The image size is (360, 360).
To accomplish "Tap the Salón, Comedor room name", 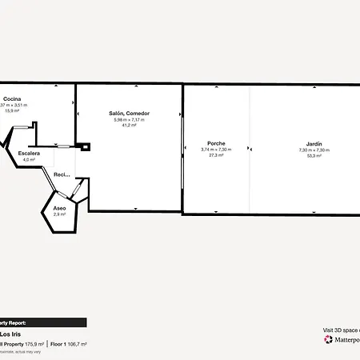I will (130, 114).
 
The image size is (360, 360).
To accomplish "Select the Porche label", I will (216, 144).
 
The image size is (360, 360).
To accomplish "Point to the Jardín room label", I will (314, 144).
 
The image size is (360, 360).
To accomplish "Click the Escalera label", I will (29, 153).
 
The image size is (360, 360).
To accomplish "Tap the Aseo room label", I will (59, 208).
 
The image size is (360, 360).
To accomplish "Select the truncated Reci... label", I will (62, 174).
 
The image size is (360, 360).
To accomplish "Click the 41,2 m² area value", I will (130, 126).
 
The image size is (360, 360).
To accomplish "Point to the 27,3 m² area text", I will (216, 156).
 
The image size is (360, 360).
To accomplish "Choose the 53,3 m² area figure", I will (314, 156).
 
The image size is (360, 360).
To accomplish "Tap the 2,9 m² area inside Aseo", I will (59, 214).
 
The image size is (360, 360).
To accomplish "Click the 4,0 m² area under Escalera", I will (29, 159).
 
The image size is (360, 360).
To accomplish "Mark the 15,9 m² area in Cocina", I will (11, 111).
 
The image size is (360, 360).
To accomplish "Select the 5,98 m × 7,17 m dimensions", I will (130, 120).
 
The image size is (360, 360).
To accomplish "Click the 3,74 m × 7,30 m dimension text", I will (216, 150).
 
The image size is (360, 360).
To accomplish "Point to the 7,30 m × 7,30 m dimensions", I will (314, 150).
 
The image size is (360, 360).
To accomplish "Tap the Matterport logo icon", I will (328, 339).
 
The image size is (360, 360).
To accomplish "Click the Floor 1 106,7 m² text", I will (68, 343).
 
